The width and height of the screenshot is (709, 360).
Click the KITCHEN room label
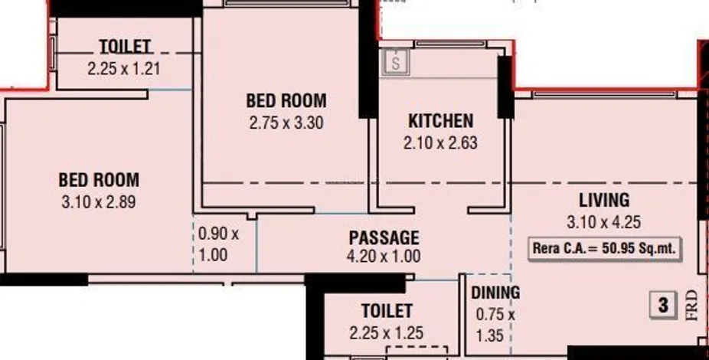click(441, 121)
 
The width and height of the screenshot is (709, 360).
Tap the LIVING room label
click(604, 201)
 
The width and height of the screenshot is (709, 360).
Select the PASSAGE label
click(384, 238)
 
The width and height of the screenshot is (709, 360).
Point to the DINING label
click(495, 293)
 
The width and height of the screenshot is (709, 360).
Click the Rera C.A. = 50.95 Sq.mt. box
click(605, 249)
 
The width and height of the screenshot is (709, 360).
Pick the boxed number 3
click(663, 305)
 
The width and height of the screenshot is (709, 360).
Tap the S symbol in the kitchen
click(396, 62)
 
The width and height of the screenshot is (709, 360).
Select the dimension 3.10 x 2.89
click(99, 201)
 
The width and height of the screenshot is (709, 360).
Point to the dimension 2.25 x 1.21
click(124, 69)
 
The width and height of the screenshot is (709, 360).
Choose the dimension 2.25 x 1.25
click(387, 333)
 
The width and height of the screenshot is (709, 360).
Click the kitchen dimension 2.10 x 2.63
click(440, 143)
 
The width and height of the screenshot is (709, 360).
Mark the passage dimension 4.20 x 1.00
click(384, 257)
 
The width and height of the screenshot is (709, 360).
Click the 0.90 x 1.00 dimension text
click(219, 244)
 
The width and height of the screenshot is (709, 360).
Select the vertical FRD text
click(692, 306)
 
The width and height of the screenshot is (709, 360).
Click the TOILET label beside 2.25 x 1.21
click(125, 47)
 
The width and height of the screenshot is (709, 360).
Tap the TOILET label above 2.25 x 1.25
click(387, 311)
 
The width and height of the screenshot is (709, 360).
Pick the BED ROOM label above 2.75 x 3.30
click(286, 100)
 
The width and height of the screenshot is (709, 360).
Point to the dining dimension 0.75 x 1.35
click(495, 325)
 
